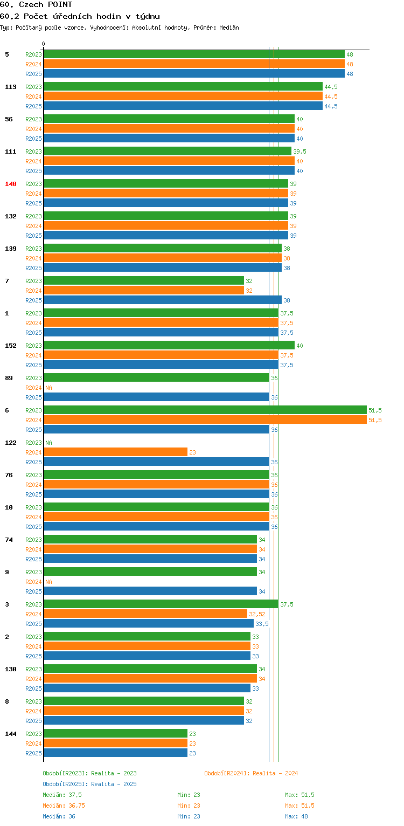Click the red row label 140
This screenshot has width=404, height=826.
pos(11,184)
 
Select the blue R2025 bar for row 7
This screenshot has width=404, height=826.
pos(163,300)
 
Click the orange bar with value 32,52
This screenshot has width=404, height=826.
pos(145,614)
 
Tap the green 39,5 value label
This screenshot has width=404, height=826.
pos(299,152)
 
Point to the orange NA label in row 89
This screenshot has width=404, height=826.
pos(48,388)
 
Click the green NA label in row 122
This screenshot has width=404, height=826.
pos(48,443)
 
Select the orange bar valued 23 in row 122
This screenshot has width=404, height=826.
pos(116,452)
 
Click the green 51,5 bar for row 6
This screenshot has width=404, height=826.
pos(205,410)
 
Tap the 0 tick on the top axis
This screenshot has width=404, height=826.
pos(44,44)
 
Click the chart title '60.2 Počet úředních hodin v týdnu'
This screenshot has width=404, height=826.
pos(80,16)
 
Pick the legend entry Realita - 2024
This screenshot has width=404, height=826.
pos(251,773)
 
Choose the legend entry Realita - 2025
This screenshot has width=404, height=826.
pos(89,784)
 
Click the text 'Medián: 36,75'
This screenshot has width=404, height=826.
pos(64,806)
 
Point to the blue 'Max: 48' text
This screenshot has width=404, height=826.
pos(296,816)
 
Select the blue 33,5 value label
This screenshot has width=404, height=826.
pos(262,624)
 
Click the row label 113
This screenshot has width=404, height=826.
pos(11,87)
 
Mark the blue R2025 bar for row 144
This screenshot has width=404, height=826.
pos(116,753)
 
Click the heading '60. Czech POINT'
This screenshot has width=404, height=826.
pos(36,4)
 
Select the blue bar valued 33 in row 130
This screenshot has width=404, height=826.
pos(147,688)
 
